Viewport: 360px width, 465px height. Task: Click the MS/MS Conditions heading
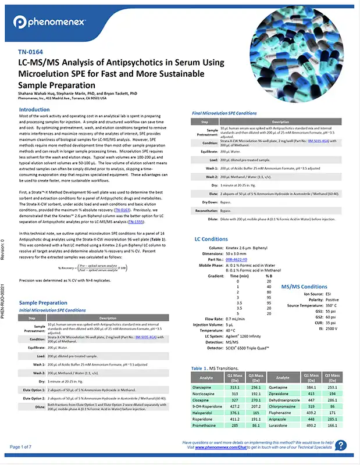[304, 287]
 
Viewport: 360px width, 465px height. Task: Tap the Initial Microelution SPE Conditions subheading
[50, 310]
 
